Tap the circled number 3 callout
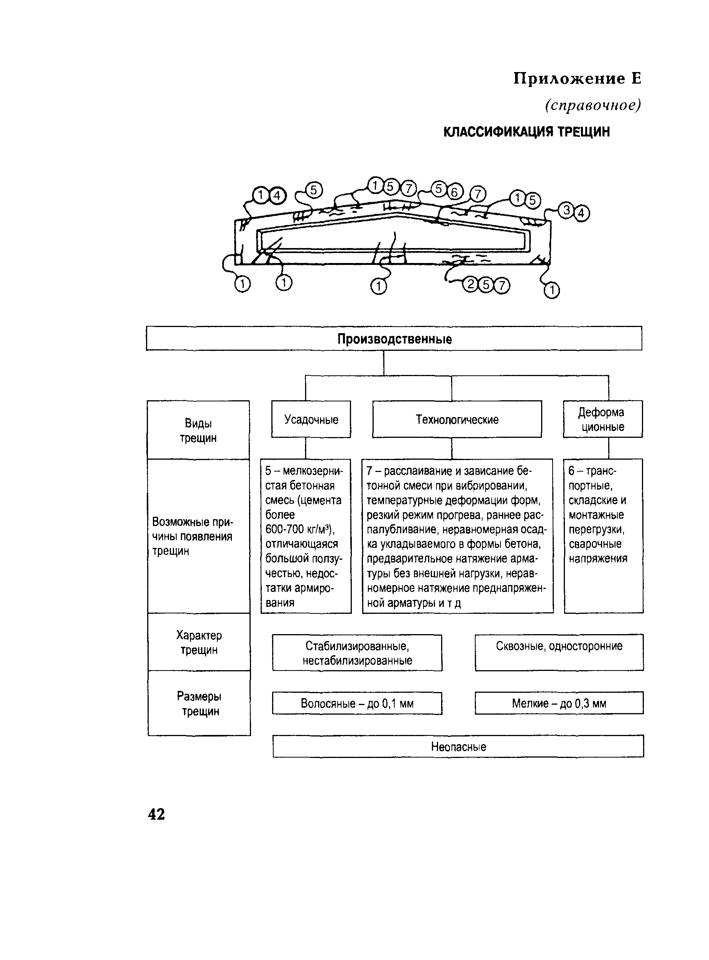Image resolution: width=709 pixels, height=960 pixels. (x=566, y=211)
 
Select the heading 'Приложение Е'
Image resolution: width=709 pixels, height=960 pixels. (x=577, y=79)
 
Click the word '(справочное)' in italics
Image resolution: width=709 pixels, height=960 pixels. (x=593, y=105)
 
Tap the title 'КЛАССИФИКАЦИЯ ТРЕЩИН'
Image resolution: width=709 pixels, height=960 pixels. (x=526, y=132)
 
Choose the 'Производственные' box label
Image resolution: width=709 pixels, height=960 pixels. (x=394, y=339)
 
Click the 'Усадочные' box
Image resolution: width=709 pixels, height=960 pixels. (x=311, y=419)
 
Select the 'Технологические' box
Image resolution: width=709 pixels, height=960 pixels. (x=457, y=419)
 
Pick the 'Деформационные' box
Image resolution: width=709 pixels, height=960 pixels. (x=602, y=419)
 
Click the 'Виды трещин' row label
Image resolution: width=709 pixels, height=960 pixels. (x=198, y=430)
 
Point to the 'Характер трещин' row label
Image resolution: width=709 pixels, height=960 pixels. (x=199, y=642)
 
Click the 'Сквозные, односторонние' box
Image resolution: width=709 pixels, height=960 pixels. (x=559, y=652)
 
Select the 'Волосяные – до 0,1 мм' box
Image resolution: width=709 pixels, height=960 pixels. (x=357, y=703)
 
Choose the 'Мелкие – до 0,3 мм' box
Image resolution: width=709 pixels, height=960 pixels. (x=559, y=703)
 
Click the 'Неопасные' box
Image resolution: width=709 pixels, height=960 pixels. (x=458, y=746)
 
